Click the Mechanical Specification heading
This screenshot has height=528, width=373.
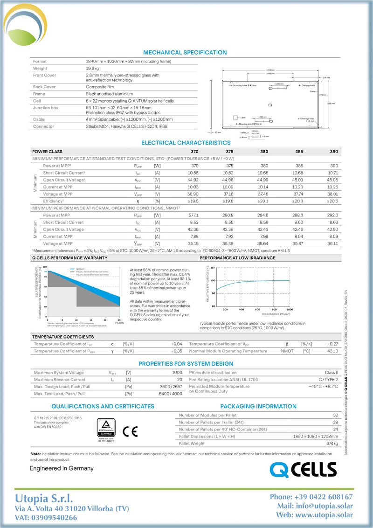coord(185,53)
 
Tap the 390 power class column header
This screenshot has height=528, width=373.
coord(334,152)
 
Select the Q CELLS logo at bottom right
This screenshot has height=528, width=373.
coord(303,469)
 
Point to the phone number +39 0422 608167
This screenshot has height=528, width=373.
coord(311,497)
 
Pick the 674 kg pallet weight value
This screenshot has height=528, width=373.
coord(332,443)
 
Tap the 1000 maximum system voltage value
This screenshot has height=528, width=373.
coord(177,373)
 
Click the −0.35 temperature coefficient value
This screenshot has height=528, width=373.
coord(176,351)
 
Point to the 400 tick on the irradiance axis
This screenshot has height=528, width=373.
coord(241,309)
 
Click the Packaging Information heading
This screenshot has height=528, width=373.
coord(258,406)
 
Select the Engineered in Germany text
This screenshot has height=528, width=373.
coord(62,468)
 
